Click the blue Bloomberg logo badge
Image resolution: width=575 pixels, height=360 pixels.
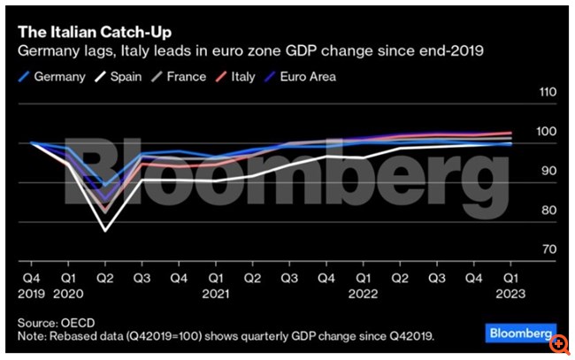pos(517,333)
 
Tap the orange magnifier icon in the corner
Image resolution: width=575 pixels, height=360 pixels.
pos(559,343)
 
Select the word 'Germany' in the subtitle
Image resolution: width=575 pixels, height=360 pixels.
pos(46,52)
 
